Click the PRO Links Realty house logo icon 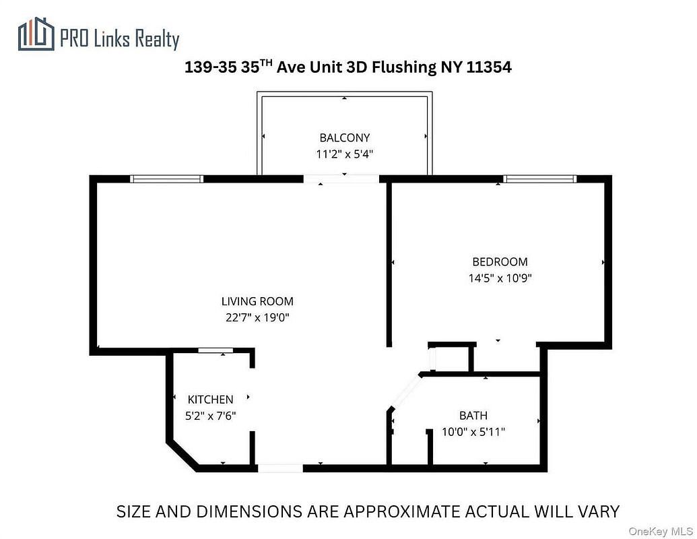pyautogui.click(x=36, y=34)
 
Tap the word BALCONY pyautogui.click(x=345, y=138)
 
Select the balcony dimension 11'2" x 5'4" pyautogui.click(x=345, y=154)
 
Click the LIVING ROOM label pyautogui.click(x=257, y=302)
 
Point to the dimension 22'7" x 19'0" pyautogui.click(x=257, y=317)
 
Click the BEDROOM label pyautogui.click(x=500, y=262)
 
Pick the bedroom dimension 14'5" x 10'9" pyautogui.click(x=500, y=278)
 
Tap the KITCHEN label pyautogui.click(x=210, y=400)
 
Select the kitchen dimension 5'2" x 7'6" pyautogui.click(x=210, y=416)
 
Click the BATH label pyautogui.click(x=473, y=416)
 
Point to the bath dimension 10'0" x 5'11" pyautogui.click(x=473, y=432)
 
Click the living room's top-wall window pyautogui.click(x=167, y=179)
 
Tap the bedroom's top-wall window pyautogui.click(x=540, y=179)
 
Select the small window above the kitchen pyautogui.click(x=215, y=350)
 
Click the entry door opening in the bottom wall pyautogui.click(x=281, y=468)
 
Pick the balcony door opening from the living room pyautogui.click(x=341, y=179)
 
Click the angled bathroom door pyautogui.click(x=405, y=391)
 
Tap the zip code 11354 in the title pyautogui.click(x=489, y=67)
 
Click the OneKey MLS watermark pyautogui.click(x=661, y=531)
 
